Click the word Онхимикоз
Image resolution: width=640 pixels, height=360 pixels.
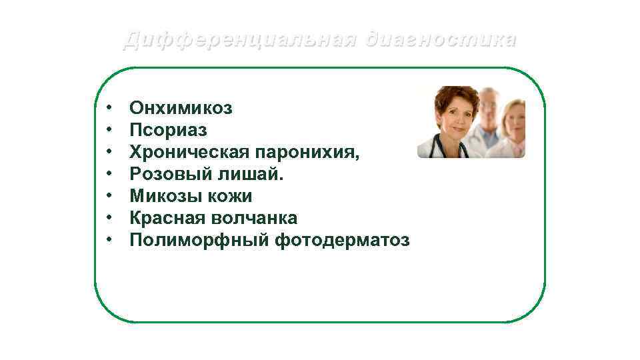[x=181, y=108]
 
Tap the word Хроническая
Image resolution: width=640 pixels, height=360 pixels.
[x=189, y=152]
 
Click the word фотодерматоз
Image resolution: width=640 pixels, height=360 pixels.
[x=342, y=240]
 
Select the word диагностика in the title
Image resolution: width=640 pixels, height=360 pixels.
[x=440, y=40]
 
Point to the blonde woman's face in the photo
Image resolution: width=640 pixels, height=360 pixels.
[x=514, y=120]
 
